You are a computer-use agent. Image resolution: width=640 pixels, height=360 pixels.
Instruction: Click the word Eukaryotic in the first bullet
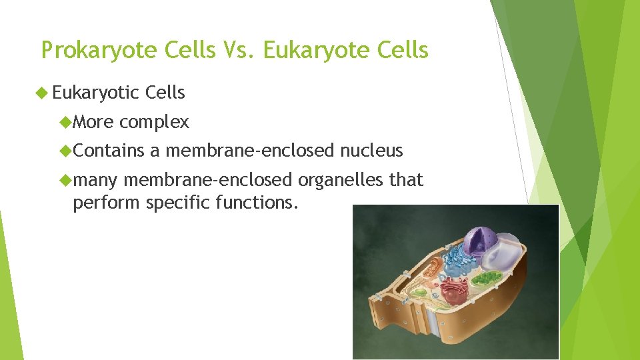[x=95, y=93]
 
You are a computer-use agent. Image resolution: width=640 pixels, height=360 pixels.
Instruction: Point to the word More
[x=93, y=122]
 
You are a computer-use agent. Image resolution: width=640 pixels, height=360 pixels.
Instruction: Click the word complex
[x=155, y=122]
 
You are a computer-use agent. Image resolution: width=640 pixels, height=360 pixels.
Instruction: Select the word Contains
[x=109, y=151]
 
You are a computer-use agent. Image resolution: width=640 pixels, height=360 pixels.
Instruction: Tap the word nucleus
[x=371, y=151]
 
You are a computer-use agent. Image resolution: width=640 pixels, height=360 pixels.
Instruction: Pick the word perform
[x=107, y=202]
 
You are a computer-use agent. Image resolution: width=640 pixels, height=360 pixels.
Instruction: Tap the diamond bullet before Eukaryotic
[x=45, y=93]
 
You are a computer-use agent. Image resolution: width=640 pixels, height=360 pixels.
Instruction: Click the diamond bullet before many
[x=65, y=180]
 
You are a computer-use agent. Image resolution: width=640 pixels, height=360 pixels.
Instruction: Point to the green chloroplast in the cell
[x=491, y=277]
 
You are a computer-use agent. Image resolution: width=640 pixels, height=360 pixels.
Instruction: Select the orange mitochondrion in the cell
[x=434, y=267]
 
